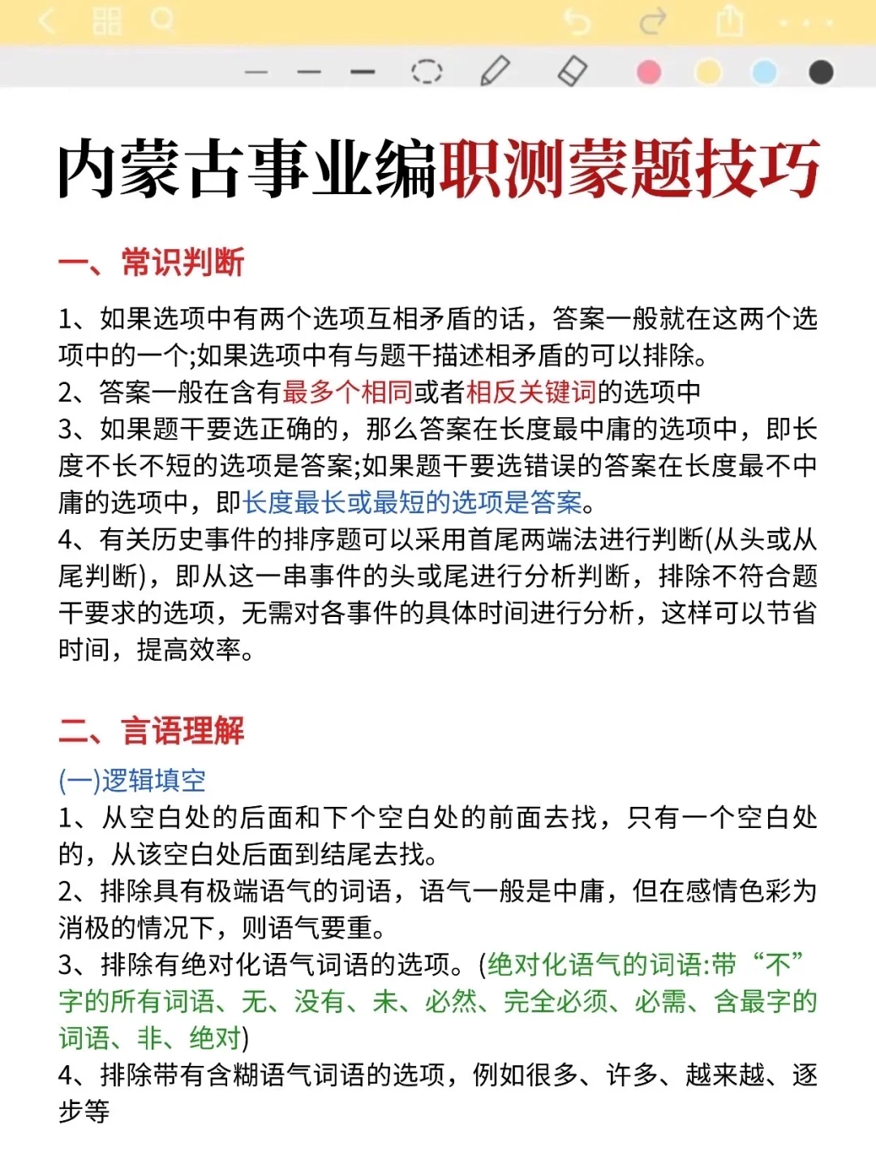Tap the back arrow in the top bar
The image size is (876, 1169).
[47, 20]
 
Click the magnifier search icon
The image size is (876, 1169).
[162, 19]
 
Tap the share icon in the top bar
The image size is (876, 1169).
[729, 21]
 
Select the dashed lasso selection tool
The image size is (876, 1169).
[427, 71]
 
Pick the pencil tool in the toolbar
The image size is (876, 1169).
[495, 71]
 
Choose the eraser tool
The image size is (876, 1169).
[572, 71]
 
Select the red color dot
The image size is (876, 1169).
[649, 72]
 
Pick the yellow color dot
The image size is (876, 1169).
[708, 72]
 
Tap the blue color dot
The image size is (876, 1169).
[764, 72]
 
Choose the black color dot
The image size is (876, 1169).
[821, 72]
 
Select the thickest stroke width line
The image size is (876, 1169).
[363, 72]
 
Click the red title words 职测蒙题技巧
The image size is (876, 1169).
[629, 169]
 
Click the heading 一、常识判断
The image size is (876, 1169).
[152, 262]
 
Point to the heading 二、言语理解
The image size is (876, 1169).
[152, 731]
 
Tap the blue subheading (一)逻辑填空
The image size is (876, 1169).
[132, 780]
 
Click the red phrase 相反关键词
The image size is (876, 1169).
[531, 392]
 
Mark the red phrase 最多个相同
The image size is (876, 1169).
[348, 392]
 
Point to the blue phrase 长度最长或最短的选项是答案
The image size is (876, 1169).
[412, 503]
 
